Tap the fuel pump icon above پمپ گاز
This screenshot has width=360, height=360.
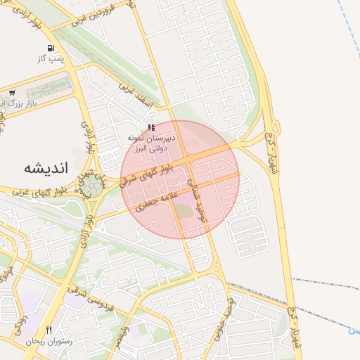(51, 49)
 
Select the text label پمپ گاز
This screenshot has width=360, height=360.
(51, 59)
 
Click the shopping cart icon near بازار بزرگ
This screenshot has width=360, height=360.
(12, 93)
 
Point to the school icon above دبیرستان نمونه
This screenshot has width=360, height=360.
(150, 127)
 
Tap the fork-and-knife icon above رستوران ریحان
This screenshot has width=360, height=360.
(49, 330)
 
